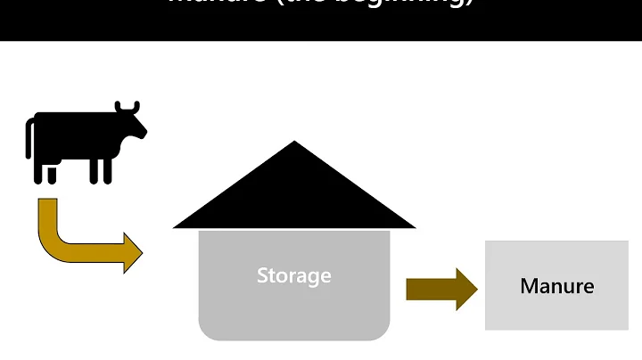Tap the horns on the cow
pos(128,107)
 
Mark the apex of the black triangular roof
pos(294,143)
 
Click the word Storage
pos(294,275)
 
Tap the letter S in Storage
pos(262,275)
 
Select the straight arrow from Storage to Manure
pos(441,289)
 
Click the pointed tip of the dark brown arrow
pos(476,289)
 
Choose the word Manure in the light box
pos(556,286)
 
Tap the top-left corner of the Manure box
pos(487,242)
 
